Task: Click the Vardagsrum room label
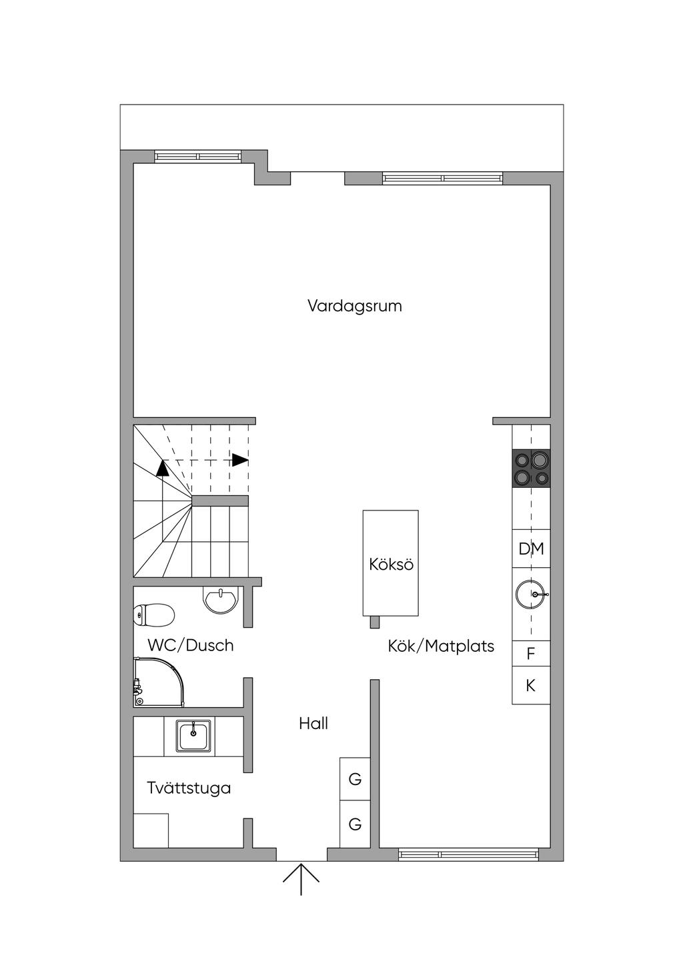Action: [x=354, y=307]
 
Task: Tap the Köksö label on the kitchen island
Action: [x=391, y=564]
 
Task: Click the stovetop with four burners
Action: [x=531, y=469]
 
